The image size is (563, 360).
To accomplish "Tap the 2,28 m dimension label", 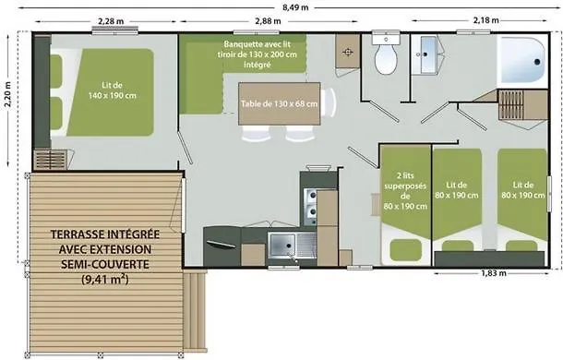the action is coord(111,21).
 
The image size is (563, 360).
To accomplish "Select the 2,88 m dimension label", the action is coord(268,21).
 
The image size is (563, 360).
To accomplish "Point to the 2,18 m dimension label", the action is coord(485,20).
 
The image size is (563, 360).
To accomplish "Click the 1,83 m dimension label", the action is coord(494,273).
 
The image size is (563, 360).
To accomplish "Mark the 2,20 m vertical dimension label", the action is coord(8,94).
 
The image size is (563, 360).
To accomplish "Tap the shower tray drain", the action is coord(537,62).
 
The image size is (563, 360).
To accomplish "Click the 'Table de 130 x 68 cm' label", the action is coord(279,103).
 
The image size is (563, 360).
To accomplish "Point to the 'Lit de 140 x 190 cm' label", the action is coord(112,90).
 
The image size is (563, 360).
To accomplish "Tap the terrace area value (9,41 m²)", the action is coord(105,279).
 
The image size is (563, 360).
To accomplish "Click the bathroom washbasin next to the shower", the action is coord(425,54).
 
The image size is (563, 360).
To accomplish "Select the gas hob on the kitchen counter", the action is coord(311,207).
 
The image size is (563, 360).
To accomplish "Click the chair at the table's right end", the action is coord(329,103).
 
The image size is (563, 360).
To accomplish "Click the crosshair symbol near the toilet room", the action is coord(348,52).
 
